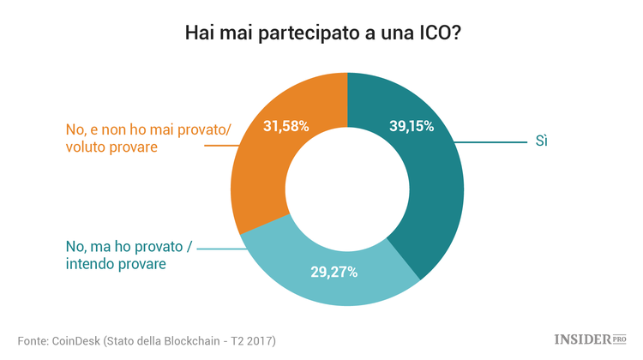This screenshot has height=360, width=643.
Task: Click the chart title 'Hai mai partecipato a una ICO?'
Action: coord(321,34)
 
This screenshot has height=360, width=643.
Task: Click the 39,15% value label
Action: coord(406,126)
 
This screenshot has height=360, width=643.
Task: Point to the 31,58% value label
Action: coord(285,126)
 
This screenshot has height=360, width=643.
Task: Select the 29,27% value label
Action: coord(334,273)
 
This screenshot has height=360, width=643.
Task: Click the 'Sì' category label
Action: coord(541,141)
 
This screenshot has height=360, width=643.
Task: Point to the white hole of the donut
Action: coord(346,189)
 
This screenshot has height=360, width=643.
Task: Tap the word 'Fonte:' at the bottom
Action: coord(33,340)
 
